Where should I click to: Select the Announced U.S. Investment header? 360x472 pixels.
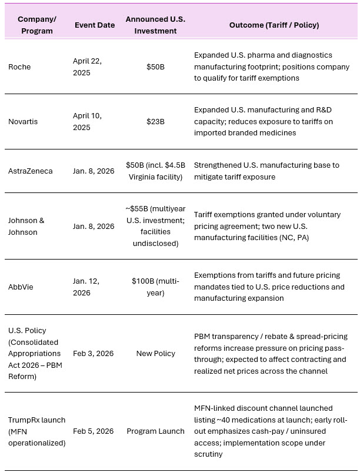pos(155,25)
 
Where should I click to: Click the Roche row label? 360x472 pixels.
pos(19,67)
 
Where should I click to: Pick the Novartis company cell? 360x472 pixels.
pos(24,121)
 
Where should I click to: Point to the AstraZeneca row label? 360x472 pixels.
pos(30,171)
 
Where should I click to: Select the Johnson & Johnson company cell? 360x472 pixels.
pos(26,226)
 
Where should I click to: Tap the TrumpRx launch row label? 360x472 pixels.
pos(36,431)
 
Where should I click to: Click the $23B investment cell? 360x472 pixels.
pos(155,121)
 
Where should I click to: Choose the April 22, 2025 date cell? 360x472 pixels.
pos(87,67)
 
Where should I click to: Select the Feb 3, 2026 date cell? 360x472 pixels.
pos(94,353)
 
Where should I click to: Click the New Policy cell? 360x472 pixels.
pos(155,353)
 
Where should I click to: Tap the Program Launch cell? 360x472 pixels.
pos(155,431)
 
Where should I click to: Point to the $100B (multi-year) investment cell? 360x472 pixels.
pos(155,287)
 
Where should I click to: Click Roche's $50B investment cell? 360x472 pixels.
pos(155,67)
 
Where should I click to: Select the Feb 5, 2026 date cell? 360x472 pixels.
pos(94,431)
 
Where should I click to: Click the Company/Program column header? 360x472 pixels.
pos(36,25)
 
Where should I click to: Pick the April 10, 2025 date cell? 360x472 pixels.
pos(87,121)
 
